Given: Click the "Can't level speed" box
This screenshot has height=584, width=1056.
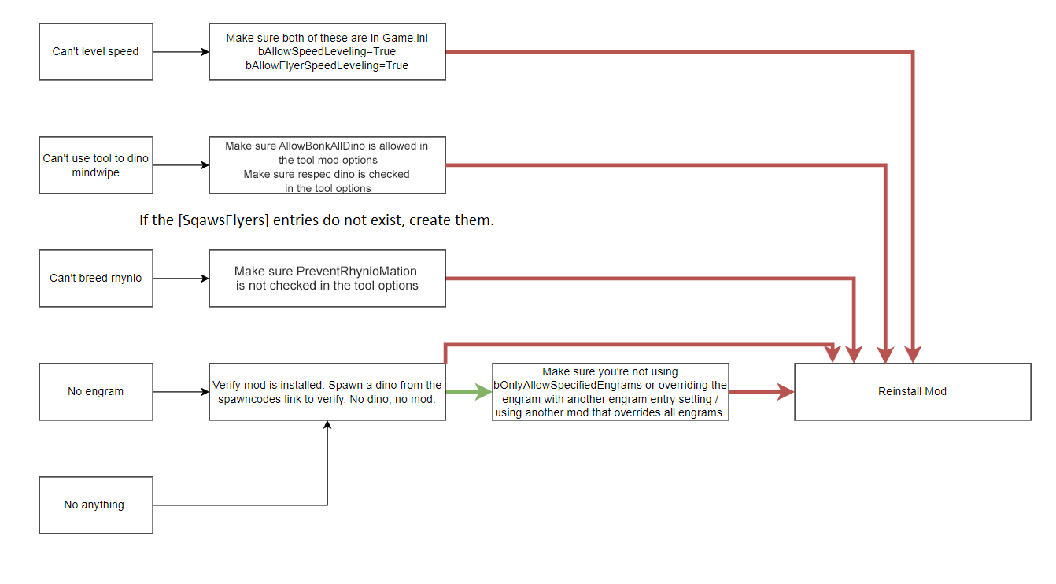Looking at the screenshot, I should coord(95,52).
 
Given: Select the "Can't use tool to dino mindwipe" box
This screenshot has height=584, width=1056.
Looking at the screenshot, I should coord(95,165).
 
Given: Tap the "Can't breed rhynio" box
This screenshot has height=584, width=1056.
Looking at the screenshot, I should coord(95,279).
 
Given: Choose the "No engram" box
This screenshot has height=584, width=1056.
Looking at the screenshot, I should coord(95,392).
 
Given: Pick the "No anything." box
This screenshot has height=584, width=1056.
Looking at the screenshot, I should coord(95,505).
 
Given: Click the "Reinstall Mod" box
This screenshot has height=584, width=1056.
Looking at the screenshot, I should coord(912,392).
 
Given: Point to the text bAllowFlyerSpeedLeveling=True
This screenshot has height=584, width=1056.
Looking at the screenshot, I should coord(327,66).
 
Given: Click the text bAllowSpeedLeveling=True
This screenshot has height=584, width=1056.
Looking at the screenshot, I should coord(327,52).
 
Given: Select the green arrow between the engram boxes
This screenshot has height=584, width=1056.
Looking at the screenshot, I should coord(469,392).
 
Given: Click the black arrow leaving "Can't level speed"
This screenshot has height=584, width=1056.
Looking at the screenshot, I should coord(181,52).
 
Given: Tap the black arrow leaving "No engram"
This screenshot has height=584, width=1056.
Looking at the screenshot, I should coord(181,392).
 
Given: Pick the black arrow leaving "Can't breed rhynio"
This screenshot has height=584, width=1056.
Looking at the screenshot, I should coord(181,279).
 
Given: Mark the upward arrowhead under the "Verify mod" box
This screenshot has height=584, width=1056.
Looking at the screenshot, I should coord(327,426).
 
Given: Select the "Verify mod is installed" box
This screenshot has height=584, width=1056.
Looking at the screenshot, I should coord(327,392).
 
